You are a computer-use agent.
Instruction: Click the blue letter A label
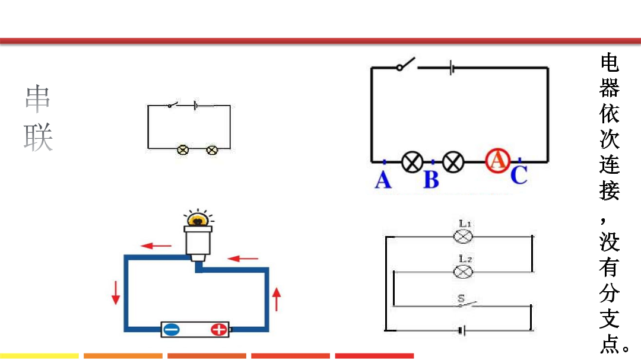pyautogui.click(x=383, y=179)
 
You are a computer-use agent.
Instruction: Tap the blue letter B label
pyautogui.click(x=431, y=180)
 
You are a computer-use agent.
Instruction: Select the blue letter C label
pyautogui.click(x=519, y=175)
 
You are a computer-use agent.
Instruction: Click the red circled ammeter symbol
pyautogui.click(x=497, y=160)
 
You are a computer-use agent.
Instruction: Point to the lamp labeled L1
pyautogui.click(x=462, y=236)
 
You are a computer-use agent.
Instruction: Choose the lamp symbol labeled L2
pyautogui.click(x=462, y=271)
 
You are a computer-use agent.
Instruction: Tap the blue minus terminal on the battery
pyautogui.click(x=172, y=329)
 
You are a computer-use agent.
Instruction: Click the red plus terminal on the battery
pyautogui.click(x=218, y=329)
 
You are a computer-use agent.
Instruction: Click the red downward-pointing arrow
pyautogui.click(x=116, y=292)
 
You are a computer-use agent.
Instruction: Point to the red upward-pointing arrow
pyautogui.click(x=277, y=298)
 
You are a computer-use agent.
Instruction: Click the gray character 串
pyautogui.click(x=38, y=99)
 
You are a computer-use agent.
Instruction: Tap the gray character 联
pyautogui.click(x=38, y=137)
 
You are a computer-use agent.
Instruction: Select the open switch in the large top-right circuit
pyautogui.click(x=406, y=64)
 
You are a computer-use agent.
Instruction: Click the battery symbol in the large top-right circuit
pyautogui.click(x=452, y=67)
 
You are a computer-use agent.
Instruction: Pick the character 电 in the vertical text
pyautogui.click(x=610, y=62)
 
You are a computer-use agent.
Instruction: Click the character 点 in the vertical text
pyautogui.click(x=610, y=344)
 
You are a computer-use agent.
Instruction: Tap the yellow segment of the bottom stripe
pyautogui.click(x=39, y=356)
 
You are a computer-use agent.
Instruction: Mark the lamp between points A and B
pyautogui.click(x=412, y=161)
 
